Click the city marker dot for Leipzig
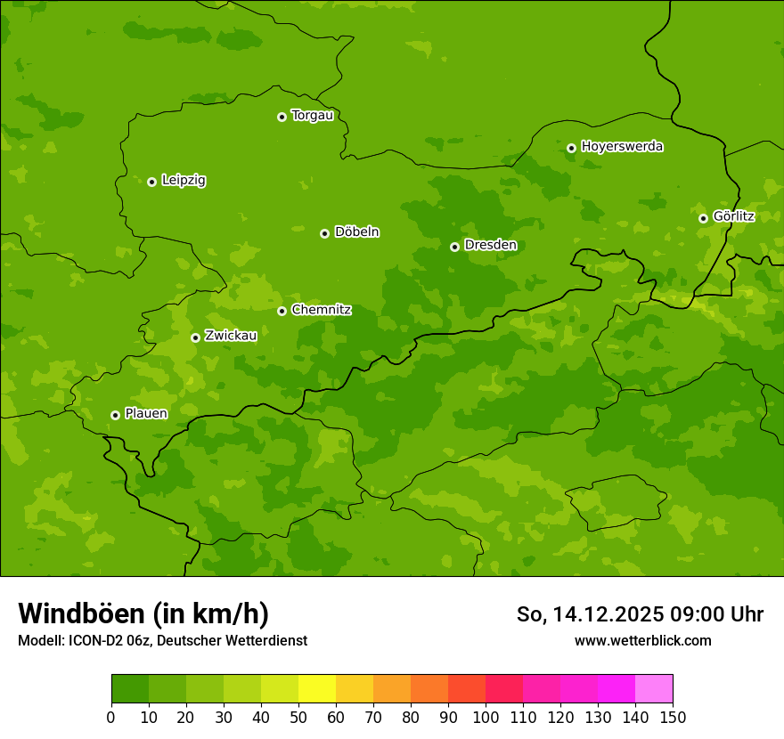point(151,182)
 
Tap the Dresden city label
point(490,245)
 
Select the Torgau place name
point(312,116)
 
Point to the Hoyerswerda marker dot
point(571,148)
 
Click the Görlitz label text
point(733,216)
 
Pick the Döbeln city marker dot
point(324,233)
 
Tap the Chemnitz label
point(321,310)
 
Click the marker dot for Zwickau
point(195,337)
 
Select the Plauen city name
point(145,413)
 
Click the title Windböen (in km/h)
point(143,614)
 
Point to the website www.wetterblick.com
point(642,641)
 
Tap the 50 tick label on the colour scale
point(298,717)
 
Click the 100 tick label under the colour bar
point(486,717)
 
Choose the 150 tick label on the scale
point(673,717)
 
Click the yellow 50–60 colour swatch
point(317,689)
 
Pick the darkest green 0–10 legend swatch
point(130,689)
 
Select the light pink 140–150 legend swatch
point(654,689)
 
